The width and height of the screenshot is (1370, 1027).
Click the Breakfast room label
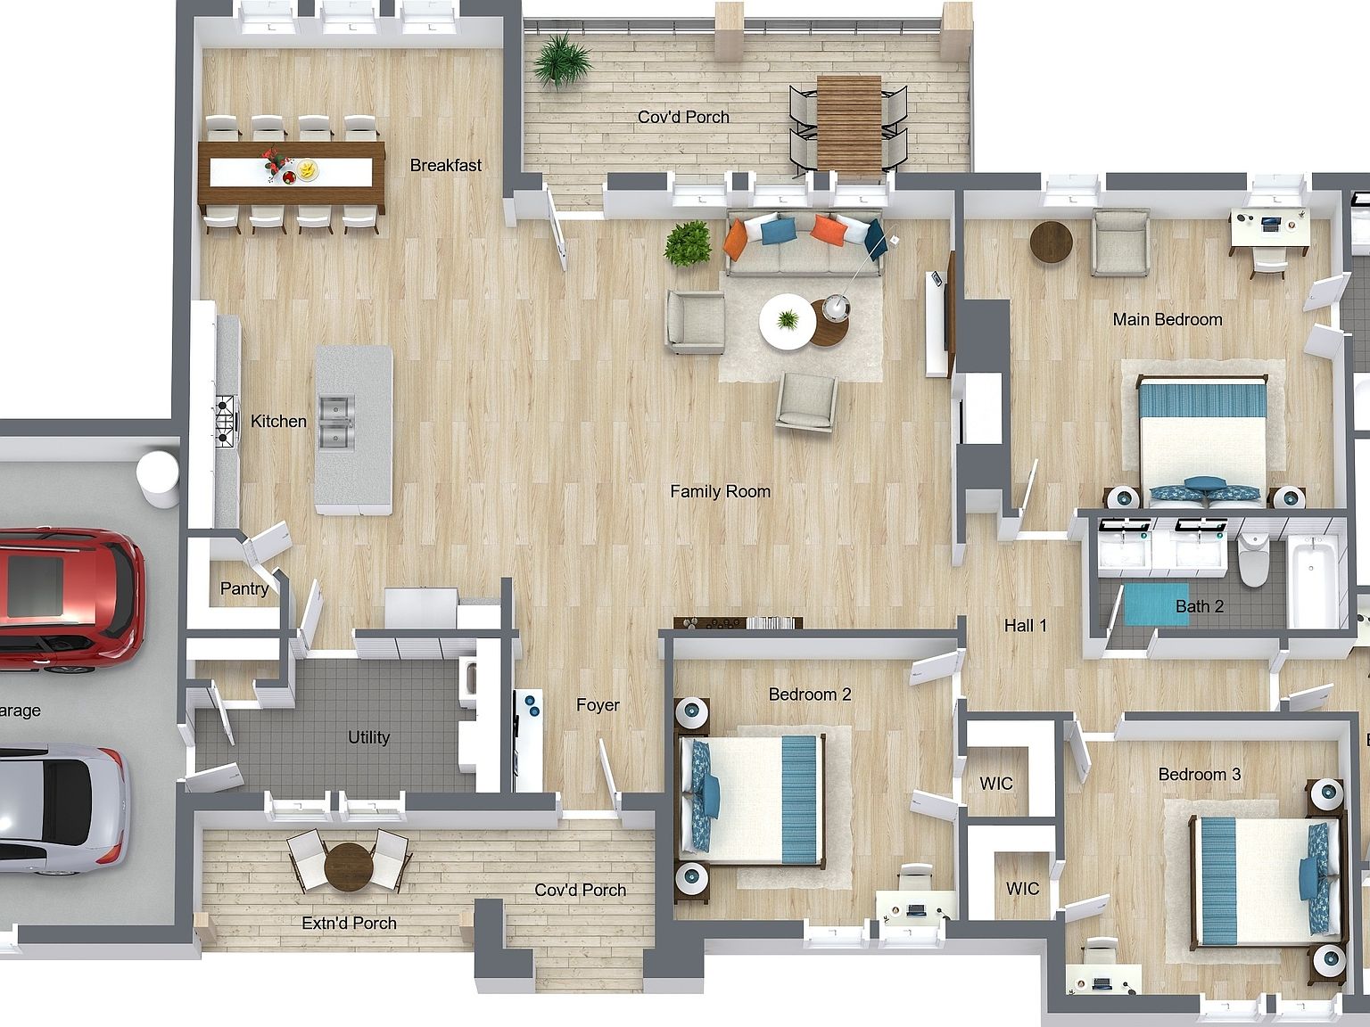pyautogui.click(x=445, y=165)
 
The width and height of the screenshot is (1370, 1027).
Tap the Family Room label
pyautogui.click(x=720, y=491)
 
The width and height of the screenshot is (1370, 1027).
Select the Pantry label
pyautogui.click(x=243, y=588)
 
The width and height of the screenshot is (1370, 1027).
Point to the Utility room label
pyautogui.click(x=368, y=737)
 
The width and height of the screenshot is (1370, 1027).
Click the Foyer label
pyautogui.click(x=598, y=705)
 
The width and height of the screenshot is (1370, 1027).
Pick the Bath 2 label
pyautogui.click(x=1199, y=606)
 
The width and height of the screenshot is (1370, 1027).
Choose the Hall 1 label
pyautogui.click(x=1025, y=626)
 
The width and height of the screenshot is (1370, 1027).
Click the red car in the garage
pyautogui.click(x=67, y=597)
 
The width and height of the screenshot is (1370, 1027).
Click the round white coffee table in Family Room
pyautogui.click(x=786, y=322)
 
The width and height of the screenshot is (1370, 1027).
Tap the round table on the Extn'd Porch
pyautogui.click(x=349, y=866)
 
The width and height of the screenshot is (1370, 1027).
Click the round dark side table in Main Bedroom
pyautogui.click(x=1052, y=242)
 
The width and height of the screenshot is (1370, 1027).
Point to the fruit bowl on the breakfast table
pyautogui.click(x=306, y=168)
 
